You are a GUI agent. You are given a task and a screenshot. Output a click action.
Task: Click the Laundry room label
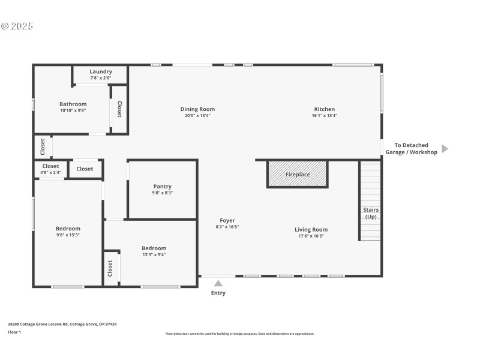coord(101,71)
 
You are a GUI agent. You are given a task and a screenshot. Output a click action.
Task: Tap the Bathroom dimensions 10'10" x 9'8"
coord(73,110)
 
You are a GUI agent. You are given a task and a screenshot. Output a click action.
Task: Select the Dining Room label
coord(197,109)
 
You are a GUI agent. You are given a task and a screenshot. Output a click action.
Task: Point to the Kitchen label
coord(324,109)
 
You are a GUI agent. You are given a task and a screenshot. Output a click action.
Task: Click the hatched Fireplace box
coord(297,174)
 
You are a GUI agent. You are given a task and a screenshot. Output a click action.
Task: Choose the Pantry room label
coord(162,187)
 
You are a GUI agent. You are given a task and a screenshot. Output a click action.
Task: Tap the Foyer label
coord(227,221)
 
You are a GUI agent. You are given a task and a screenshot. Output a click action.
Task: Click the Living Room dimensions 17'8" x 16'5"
coord(311,236)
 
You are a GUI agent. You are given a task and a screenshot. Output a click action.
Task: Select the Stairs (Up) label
coord(370,213)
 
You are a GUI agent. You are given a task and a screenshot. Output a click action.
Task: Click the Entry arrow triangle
coord(218,283)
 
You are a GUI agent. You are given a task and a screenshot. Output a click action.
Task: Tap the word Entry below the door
coord(218,293)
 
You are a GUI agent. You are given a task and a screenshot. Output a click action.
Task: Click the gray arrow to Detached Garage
coord(445,149)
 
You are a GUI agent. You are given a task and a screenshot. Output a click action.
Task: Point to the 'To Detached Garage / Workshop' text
coord(415,149)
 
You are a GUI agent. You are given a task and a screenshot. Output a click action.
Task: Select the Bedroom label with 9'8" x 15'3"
coord(68,229)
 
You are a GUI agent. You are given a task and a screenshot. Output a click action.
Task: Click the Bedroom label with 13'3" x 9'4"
coord(154,248)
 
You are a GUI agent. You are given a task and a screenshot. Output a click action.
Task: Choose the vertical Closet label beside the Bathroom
coord(119,109)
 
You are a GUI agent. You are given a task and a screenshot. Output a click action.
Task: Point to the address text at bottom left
coord(62,324)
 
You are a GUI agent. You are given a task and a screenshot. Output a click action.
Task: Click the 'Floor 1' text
coord(14,332)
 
